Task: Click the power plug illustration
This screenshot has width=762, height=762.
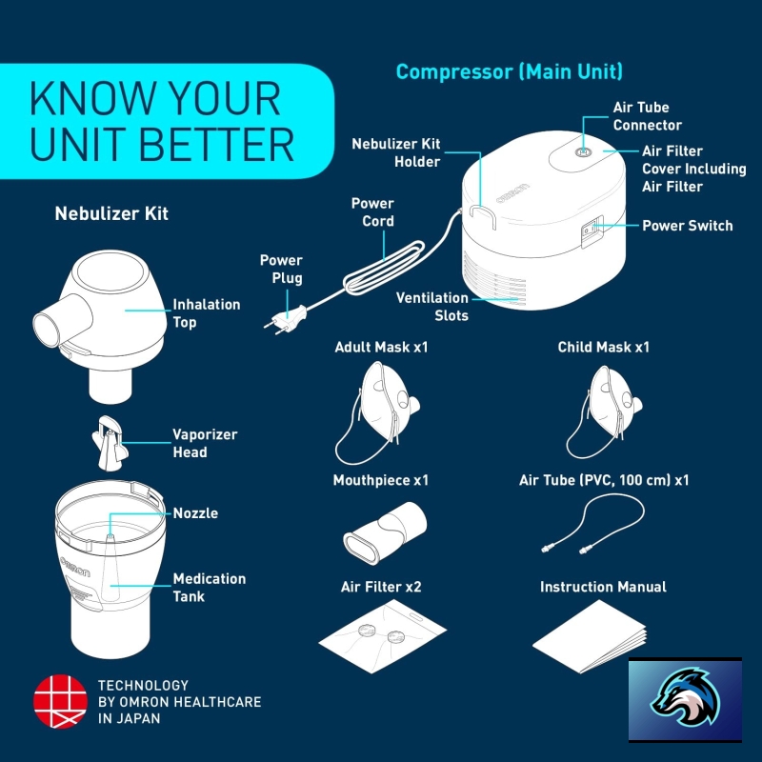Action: click(x=286, y=320)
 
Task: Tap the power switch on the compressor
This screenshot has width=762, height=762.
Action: click(x=592, y=231)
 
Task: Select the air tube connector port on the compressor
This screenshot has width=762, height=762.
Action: click(x=583, y=152)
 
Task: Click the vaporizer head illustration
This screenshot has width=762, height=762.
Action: click(x=110, y=443)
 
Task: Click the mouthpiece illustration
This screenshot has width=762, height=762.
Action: click(x=385, y=532)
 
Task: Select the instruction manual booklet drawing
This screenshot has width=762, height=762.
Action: click(x=589, y=636)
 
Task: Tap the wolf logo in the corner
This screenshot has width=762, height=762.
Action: click(x=685, y=699)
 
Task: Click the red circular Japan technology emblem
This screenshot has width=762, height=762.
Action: click(x=60, y=701)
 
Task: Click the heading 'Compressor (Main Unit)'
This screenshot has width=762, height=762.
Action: click(x=509, y=72)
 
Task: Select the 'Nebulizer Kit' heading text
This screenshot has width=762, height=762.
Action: click(x=111, y=213)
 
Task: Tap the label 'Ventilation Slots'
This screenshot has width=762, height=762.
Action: click(x=432, y=306)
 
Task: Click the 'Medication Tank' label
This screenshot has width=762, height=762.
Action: click(x=209, y=587)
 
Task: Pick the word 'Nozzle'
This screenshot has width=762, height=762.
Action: click(x=195, y=512)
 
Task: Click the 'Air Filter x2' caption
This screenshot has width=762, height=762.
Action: click(x=381, y=587)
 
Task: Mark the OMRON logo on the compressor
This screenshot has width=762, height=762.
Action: click(x=512, y=193)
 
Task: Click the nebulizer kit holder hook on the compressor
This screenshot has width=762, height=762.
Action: click(x=483, y=216)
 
